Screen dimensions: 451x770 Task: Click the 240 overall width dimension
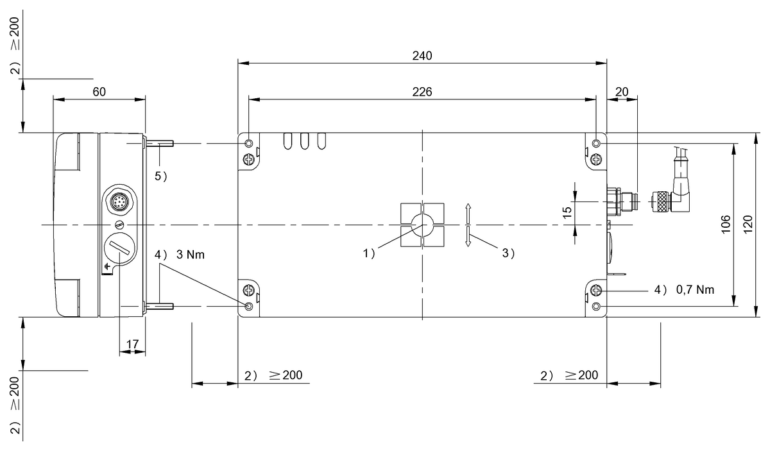tap(422, 55)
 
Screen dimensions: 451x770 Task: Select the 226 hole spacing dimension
tap(422, 92)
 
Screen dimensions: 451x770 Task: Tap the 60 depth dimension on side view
tap(99, 92)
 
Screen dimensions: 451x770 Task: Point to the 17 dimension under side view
tap(132, 345)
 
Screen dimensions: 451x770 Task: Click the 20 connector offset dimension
tap(622, 92)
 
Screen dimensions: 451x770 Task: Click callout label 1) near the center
tap(369, 253)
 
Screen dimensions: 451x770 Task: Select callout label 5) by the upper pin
tap(160, 176)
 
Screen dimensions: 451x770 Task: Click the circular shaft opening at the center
tap(422, 225)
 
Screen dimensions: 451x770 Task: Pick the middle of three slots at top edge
tap(305, 140)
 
